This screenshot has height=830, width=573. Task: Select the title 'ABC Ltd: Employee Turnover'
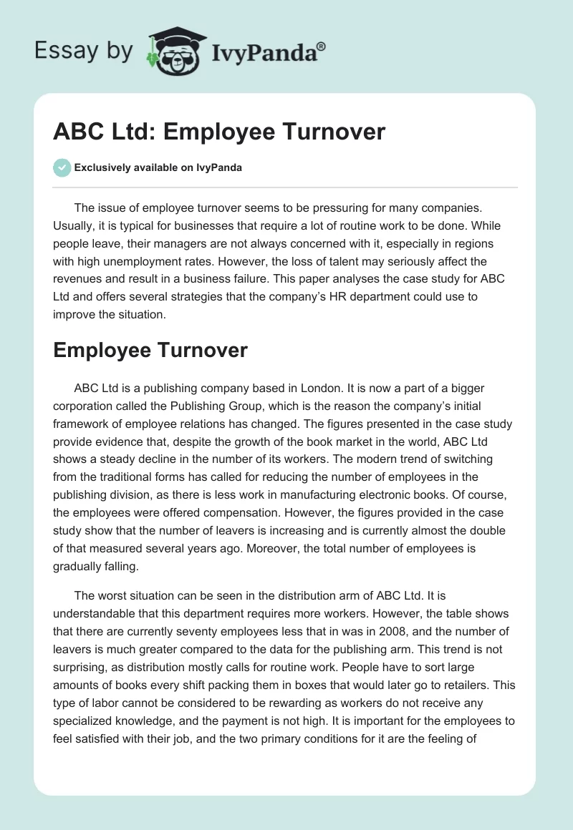(219, 132)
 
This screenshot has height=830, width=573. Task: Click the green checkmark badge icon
(62, 167)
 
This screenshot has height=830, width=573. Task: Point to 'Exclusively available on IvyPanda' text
(158, 168)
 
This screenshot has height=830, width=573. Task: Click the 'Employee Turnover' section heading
(150, 350)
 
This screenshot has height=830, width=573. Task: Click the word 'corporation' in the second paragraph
(85, 406)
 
